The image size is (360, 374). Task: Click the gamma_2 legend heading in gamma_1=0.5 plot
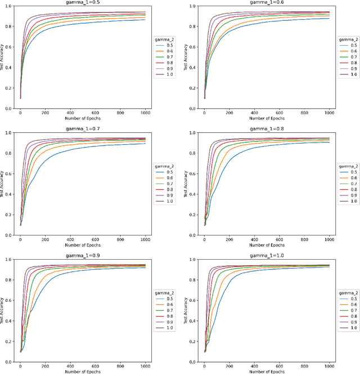163,40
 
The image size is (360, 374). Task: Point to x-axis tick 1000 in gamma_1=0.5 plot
145,113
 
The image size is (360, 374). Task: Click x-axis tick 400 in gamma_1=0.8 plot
240,239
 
